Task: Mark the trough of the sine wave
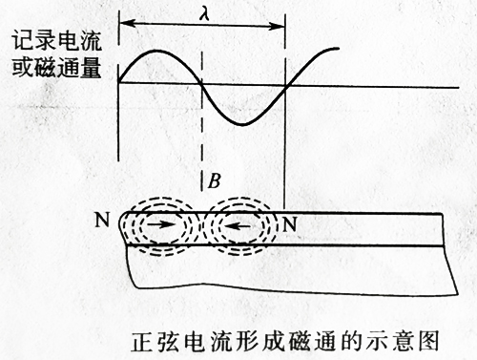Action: [244, 123]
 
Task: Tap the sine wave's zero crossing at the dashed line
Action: [202, 85]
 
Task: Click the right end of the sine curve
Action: [339, 48]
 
